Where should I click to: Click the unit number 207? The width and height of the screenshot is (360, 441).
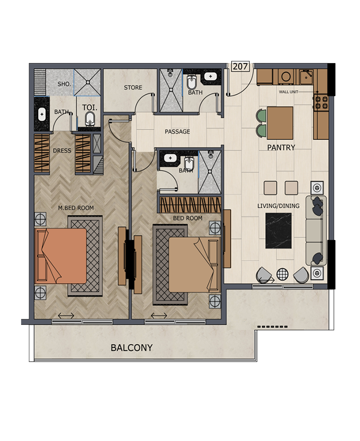point(240,67)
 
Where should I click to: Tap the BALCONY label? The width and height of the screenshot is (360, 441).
point(131,348)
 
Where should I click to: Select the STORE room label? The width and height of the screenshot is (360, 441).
point(133,88)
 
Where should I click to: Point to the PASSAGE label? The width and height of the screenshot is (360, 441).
point(177,131)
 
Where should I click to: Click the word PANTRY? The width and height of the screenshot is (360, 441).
point(281,147)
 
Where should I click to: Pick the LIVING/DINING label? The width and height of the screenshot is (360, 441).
point(278,206)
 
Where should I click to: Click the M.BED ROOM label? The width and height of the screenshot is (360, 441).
point(76,208)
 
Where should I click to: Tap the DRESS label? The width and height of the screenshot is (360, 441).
point(62,150)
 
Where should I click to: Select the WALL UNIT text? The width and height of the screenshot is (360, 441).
point(288,92)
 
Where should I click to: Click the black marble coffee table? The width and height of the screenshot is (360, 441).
point(278,231)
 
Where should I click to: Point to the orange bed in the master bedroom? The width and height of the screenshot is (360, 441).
point(61,256)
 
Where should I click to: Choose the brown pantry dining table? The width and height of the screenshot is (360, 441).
point(280,123)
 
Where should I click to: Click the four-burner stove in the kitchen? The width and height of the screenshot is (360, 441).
point(321,102)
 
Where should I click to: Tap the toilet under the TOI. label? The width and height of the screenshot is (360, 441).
point(90,119)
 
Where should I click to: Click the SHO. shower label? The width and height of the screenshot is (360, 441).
point(64,84)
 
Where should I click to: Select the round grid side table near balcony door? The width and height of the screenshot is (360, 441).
point(282,274)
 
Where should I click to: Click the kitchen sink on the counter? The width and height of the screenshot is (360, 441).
point(306,77)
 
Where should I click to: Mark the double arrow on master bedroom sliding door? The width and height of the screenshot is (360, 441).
point(66,316)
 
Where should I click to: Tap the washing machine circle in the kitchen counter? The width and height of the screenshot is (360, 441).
point(286,77)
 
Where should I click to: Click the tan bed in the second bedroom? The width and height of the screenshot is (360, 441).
point(194,264)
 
